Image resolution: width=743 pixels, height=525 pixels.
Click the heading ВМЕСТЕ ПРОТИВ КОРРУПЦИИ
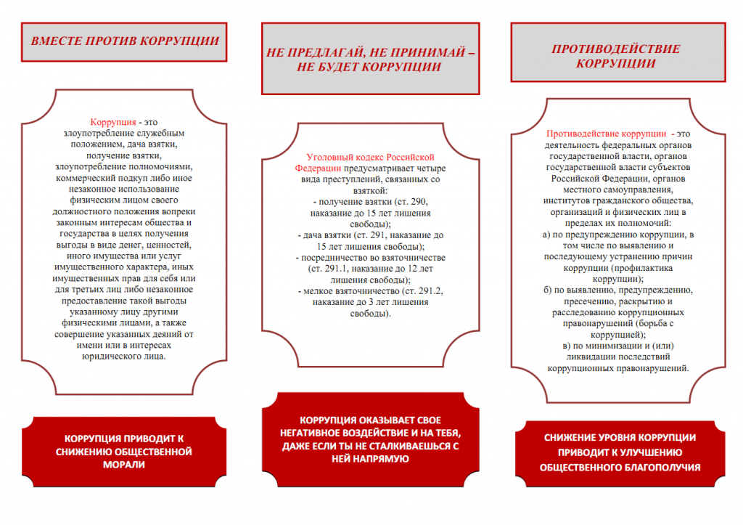click(124, 41)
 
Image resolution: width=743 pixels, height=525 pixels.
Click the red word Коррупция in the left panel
click(113, 122)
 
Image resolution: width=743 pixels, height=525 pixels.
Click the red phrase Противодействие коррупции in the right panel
click(606, 134)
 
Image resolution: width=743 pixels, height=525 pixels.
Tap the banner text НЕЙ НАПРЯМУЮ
click(369, 459)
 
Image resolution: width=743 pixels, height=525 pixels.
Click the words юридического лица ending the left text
click(124, 357)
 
